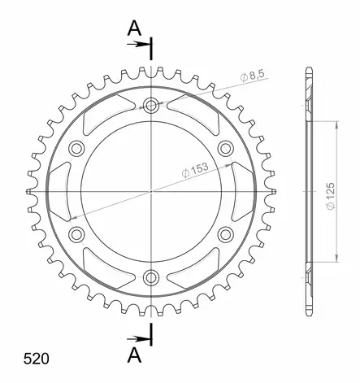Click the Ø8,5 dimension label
click(252, 76)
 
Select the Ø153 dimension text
click(195, 170)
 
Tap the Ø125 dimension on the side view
click(331, 196)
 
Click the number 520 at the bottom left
click(37, 359)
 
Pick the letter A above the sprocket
click(134, 28)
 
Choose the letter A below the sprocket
click(134, 355)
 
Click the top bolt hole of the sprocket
click(151, 106)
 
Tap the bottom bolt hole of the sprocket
click(151, 277)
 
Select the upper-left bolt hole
click(76, 148)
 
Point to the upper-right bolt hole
click(225, 148)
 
